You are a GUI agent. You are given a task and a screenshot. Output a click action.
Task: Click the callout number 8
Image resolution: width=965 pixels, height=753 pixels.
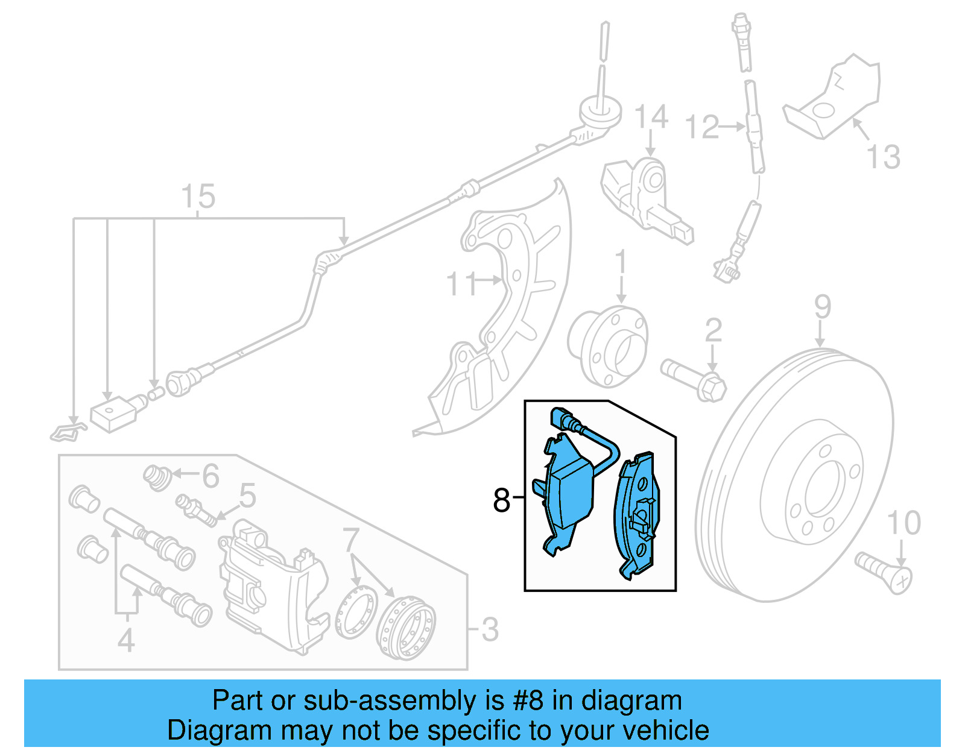(501, 500)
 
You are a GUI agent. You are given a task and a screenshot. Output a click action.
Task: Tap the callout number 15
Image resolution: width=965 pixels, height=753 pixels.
(198, 197)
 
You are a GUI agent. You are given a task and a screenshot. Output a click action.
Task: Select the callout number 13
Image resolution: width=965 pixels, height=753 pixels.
(883, 157)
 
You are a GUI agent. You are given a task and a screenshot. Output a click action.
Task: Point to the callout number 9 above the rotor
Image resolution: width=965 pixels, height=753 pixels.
(823, 307)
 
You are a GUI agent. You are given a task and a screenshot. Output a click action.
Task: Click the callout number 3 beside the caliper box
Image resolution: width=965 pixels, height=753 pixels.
(489, 629)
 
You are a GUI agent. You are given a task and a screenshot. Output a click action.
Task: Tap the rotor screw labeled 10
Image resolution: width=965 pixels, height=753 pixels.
(884, 570)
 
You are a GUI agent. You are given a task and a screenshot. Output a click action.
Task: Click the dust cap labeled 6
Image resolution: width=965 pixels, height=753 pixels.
(157, 477)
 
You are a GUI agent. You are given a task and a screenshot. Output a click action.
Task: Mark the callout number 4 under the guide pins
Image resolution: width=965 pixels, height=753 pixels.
(125, 640)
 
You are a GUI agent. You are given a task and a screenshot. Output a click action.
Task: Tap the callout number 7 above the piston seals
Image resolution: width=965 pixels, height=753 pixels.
(351, 540)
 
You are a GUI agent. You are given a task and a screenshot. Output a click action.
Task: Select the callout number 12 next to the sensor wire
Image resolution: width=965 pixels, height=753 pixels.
(703, 128)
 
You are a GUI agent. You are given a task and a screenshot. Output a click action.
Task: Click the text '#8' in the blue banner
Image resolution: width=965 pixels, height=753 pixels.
(528, 701)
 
